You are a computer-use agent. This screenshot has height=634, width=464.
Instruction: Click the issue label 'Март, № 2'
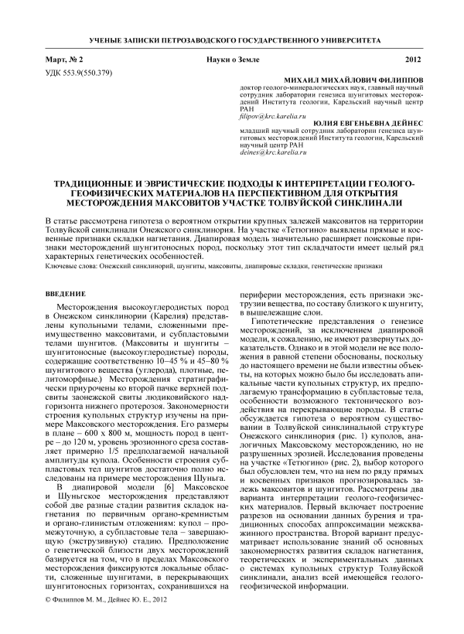click(x=64, y=60)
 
